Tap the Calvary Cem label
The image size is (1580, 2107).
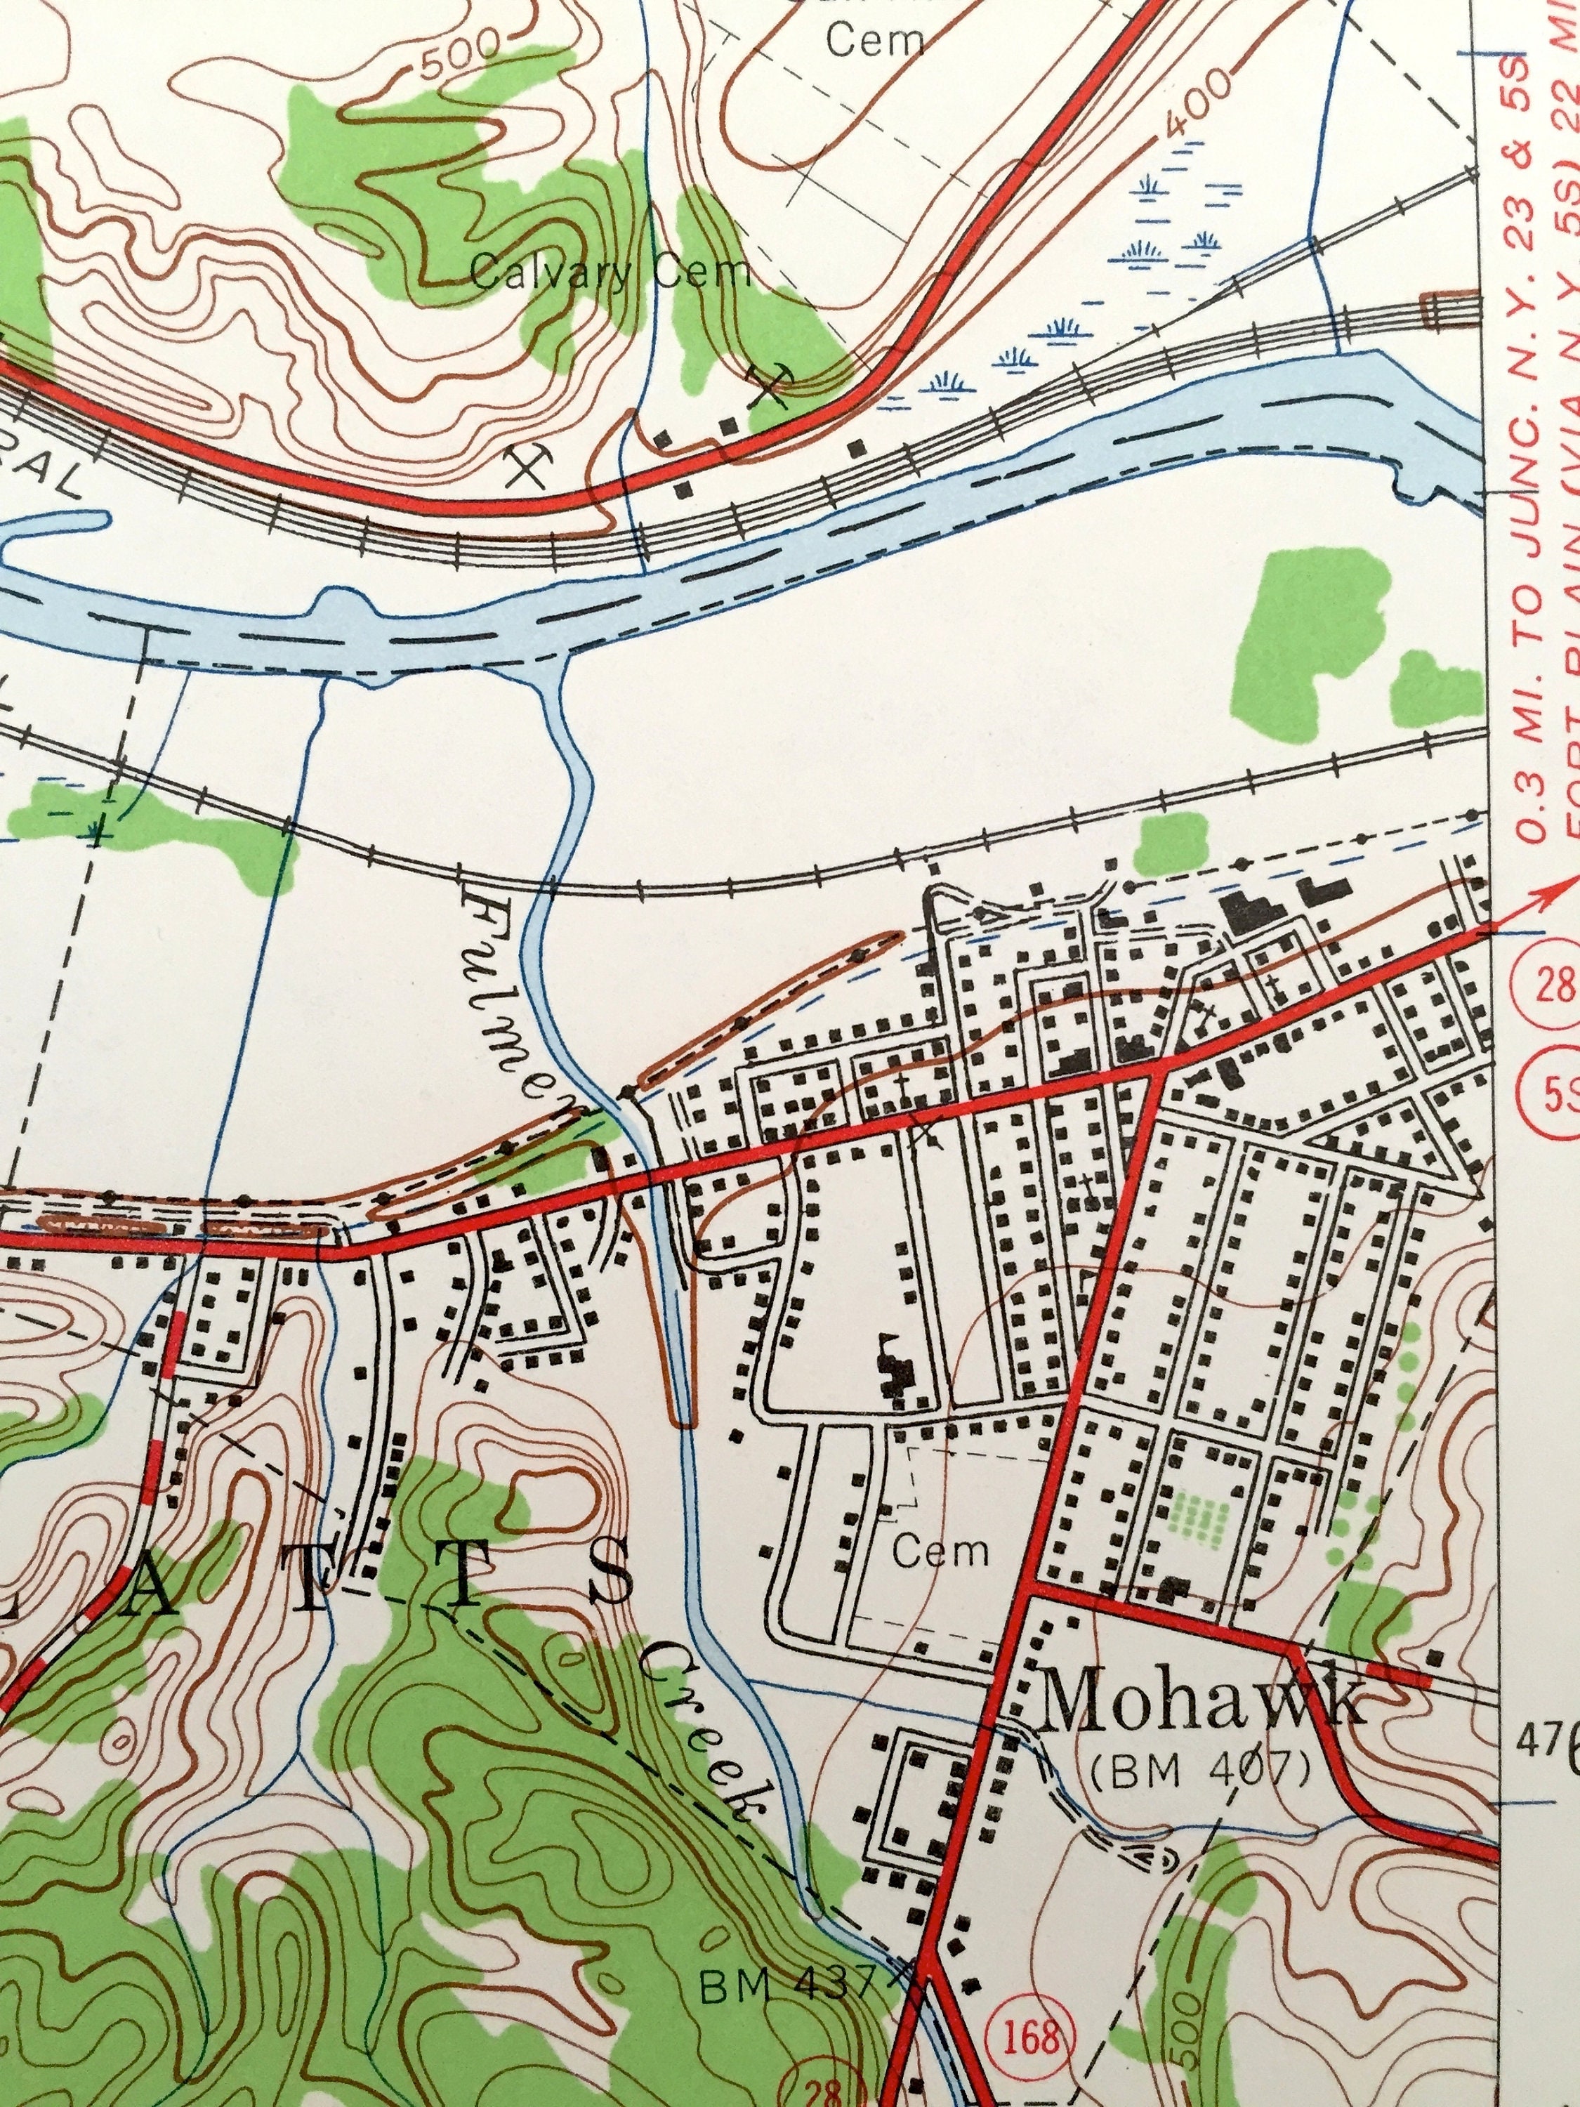(x=610, y=275)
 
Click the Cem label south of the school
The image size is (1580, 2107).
(x=941, y=1553)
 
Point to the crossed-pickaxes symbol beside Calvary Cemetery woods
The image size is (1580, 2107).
(x=770, y=383)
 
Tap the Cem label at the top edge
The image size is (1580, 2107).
(x=874, y=40)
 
